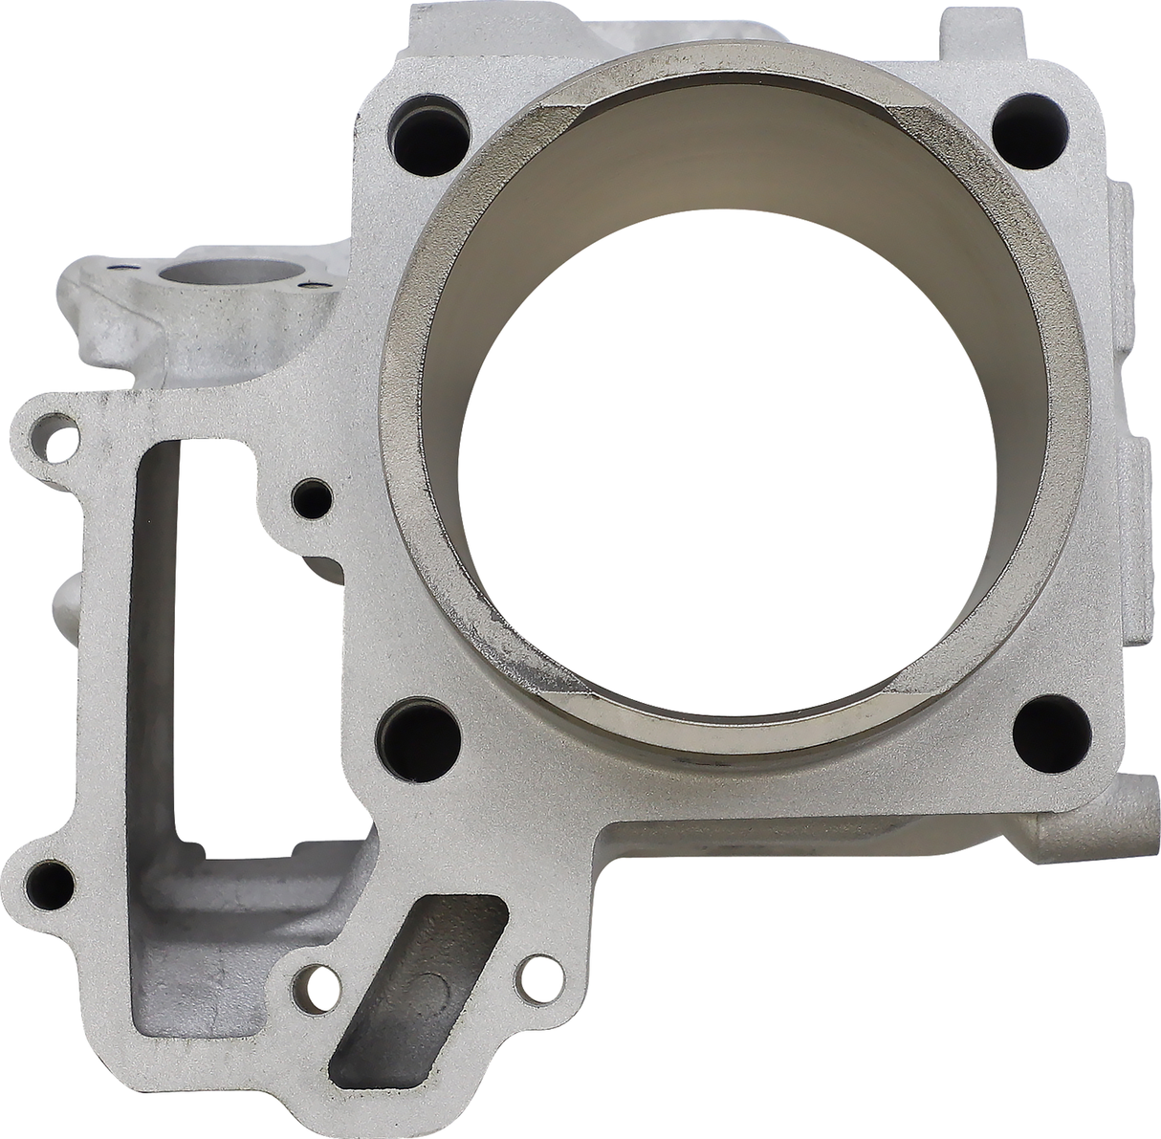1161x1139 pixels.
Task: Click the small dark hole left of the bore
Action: (x=311, y=497)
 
